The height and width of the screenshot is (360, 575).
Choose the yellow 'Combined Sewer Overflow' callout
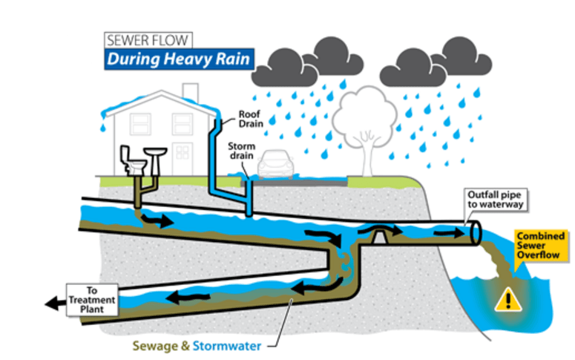tap(541, 246)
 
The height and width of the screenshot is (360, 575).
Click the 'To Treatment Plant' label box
tap(93, 298)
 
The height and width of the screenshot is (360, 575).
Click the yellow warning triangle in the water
tap(508, 300)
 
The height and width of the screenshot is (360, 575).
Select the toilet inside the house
tap(134, 158)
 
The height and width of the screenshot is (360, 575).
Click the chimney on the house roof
tap(191, 91)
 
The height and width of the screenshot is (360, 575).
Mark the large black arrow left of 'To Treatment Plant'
tap(53, 302)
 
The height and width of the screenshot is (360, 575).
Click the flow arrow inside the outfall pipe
tap(446, 233)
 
